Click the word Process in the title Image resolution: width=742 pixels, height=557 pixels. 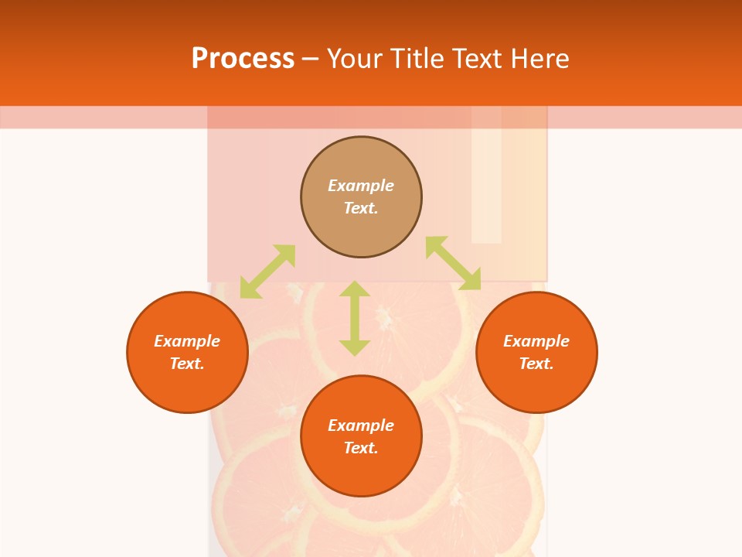click(x=243, y=59)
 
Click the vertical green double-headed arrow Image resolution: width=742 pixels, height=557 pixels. click(x=355, y=318)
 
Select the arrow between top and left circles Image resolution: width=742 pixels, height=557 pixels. click(x=267, y=272)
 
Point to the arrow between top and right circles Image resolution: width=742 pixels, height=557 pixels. click(x=453, y=263)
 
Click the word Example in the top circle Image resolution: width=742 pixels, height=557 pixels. click(x=361, y=186)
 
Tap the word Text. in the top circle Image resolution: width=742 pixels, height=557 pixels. click(x=361, y=208)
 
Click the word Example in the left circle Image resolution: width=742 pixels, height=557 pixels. click(x=187, y=341)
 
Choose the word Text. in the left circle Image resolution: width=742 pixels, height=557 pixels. click(x=187, y=364)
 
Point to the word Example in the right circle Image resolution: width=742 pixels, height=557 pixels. click(x=536, y=341)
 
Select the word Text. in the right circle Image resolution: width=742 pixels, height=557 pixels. click(x=536, y=364)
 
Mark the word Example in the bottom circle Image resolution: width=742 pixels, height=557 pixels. click(x=361, y=425)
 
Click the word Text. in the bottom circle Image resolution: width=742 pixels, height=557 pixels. click(x=361, y=448)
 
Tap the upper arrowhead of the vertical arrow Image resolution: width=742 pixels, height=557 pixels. click(x=355, y=289)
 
